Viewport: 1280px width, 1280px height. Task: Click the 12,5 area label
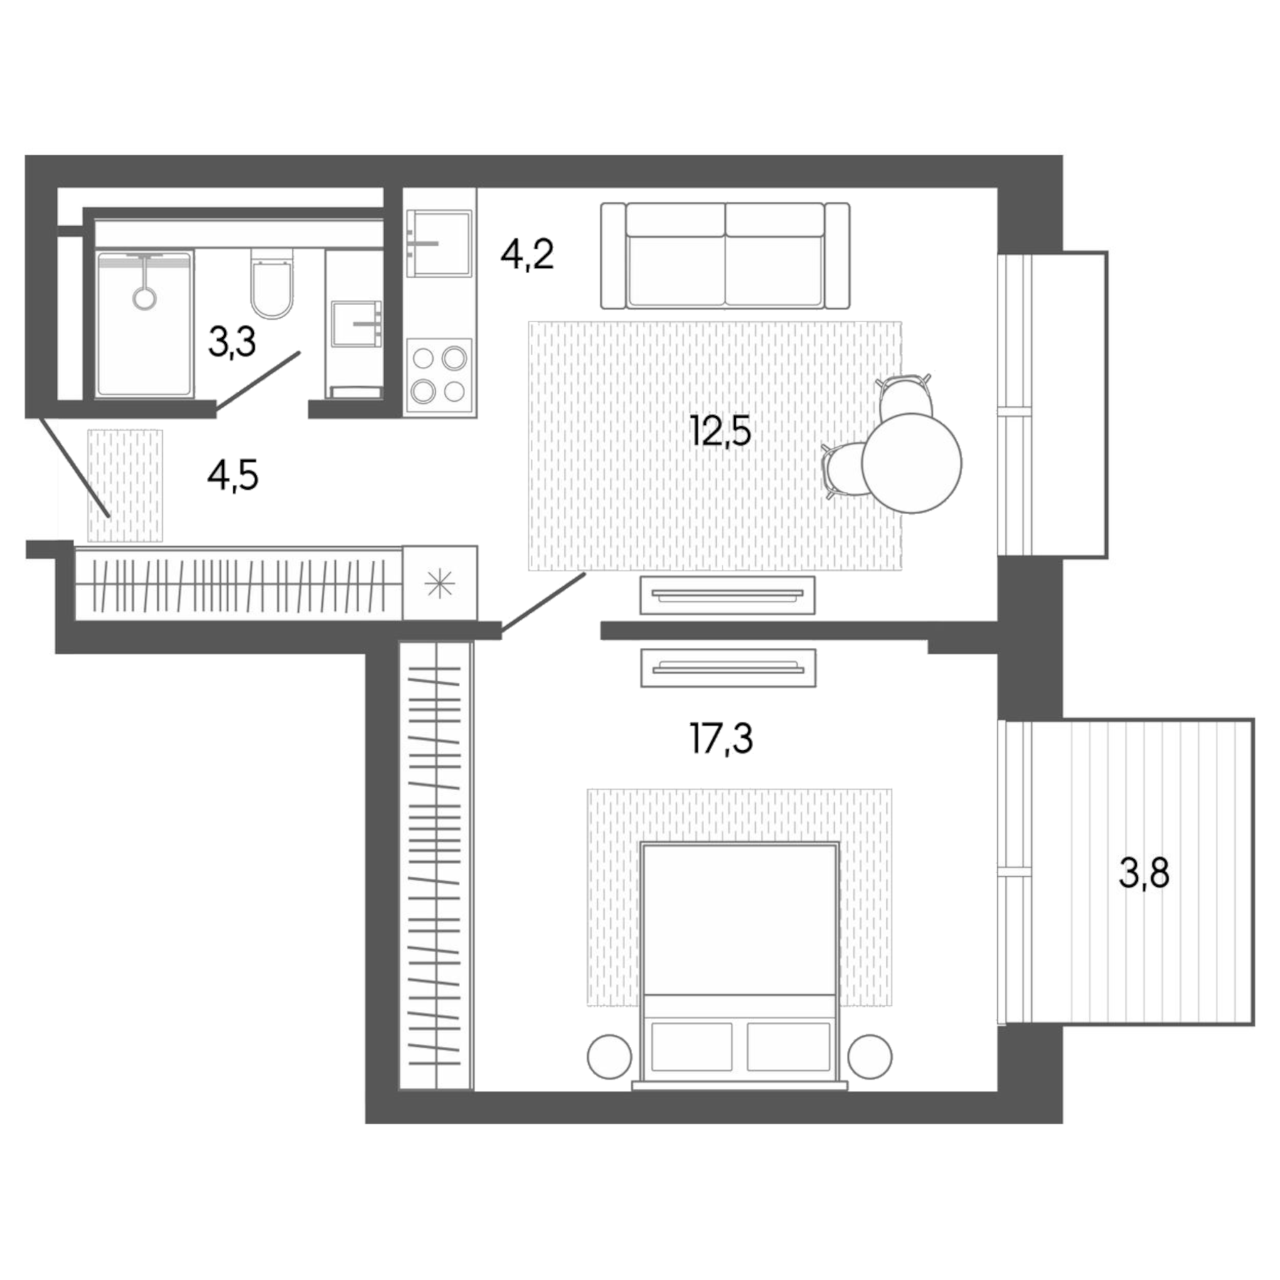click(720, 431)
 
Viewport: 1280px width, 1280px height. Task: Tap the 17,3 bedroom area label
click(720, 738)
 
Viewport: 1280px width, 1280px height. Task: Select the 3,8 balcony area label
click(1143, 873)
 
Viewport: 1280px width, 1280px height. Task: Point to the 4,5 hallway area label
click(233, 475)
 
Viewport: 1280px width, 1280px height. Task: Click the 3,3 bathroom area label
click(232, 342)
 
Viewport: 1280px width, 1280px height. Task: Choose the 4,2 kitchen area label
click(526, 255)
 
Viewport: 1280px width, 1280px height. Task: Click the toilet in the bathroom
click(272, 284)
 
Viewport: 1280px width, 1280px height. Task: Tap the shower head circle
click(145, 298)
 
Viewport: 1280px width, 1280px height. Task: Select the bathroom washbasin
click(356, 324)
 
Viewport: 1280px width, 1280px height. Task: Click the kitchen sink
click(439, 243)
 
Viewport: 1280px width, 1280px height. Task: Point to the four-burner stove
click(439, 375)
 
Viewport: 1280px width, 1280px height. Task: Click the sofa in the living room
click(725, 256)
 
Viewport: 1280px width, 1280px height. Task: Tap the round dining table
click(911, 463)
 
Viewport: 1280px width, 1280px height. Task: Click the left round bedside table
click(609, 1057)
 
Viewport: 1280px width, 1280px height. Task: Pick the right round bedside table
click(869, 1057)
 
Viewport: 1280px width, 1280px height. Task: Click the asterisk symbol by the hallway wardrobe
click(439, 584)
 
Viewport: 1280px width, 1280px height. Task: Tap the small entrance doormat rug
click(125, 485)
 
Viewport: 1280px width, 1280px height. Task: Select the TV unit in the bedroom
click(727, 668)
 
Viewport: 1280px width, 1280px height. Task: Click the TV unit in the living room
click(727, 594)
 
